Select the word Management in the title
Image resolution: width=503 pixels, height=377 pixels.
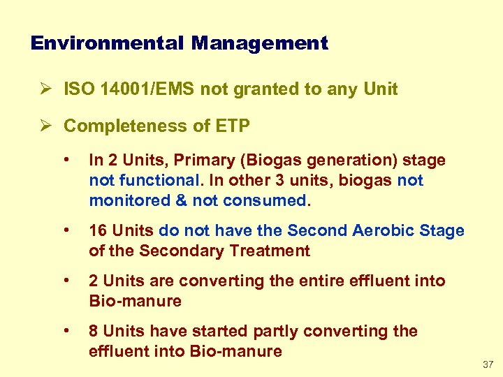tap(260, 43)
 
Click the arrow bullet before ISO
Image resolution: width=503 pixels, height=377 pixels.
tap(43, 89)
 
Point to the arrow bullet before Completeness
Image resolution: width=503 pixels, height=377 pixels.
tap(43, 126)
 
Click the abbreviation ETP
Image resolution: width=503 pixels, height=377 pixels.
tap(233, 126)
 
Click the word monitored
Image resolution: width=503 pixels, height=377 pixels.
tap(126, 201)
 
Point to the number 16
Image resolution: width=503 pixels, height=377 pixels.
tap(98, 231)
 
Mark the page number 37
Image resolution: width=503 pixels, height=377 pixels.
tap(487, 365)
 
